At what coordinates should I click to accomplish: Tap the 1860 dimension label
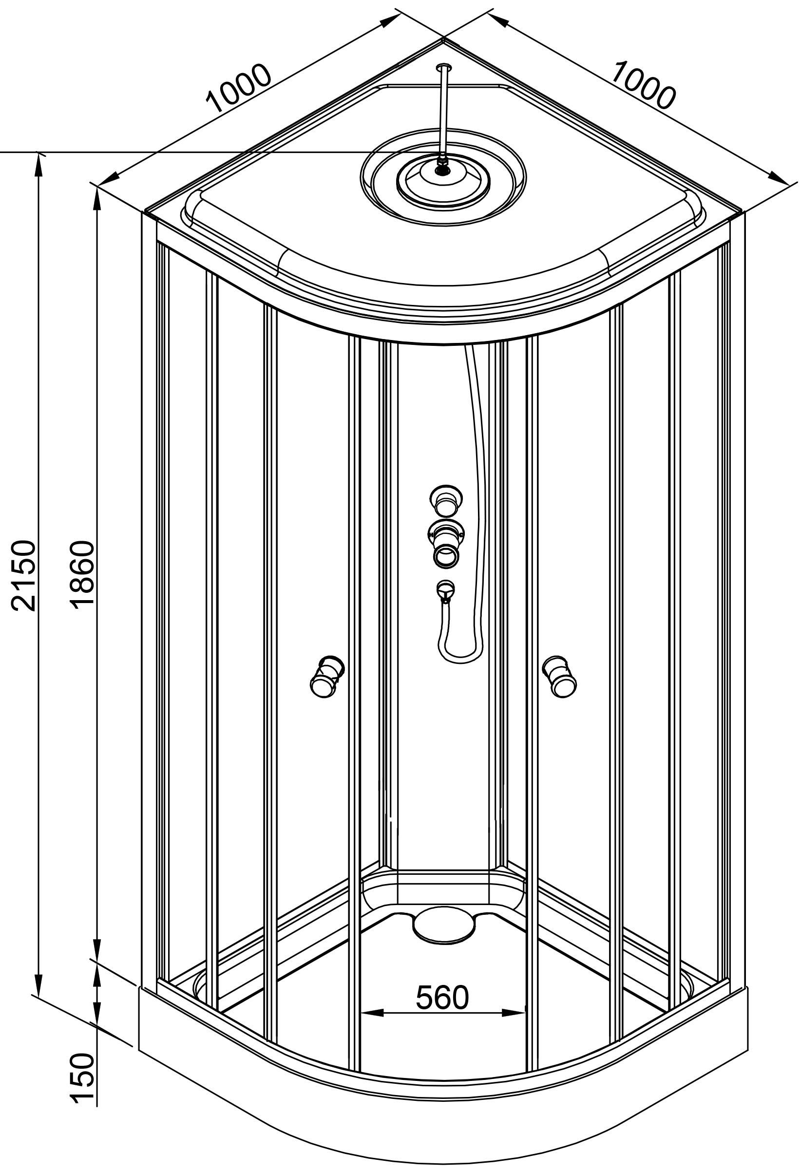82,575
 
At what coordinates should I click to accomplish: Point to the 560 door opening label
442,998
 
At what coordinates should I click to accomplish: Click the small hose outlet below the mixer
445,590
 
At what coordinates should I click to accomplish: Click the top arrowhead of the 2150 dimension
38,164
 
